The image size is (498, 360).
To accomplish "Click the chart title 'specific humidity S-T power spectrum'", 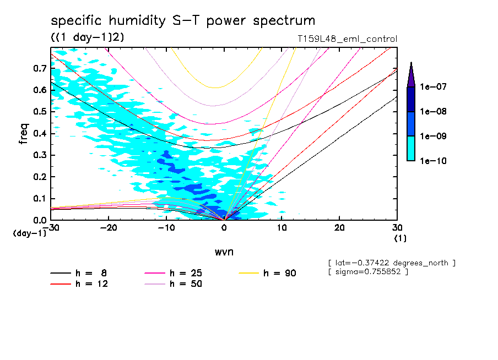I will [183, 21].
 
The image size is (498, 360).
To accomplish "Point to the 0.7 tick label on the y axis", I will [39, 68].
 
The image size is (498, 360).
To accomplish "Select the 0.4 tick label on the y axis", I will [39, 134].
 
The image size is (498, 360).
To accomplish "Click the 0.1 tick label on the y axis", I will [39, 199].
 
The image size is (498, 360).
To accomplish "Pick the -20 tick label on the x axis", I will [109, 227].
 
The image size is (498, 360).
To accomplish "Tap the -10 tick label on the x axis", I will [166, 227].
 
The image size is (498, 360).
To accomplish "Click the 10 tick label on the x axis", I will [282, 227].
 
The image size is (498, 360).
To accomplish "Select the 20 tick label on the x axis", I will [339, 227].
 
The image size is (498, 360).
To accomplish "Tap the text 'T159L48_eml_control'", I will [347, 39].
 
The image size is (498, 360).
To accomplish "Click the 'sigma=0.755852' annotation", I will [368, 272].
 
